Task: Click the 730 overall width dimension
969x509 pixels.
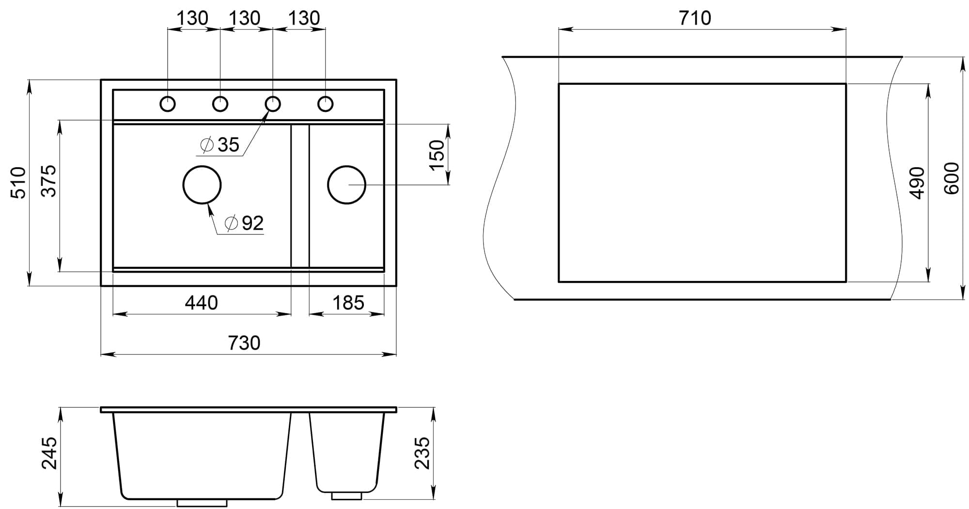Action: point(244,343)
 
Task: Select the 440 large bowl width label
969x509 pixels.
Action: point(202,303)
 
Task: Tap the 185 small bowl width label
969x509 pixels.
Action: point(348,303)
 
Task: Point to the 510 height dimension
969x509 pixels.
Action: point(19,183)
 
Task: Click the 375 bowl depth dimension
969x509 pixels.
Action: point(49,181)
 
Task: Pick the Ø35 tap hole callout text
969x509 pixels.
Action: point(220,145)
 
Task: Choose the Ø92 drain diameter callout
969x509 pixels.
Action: point(245,223)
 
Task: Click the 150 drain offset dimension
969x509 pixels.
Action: point(437,154)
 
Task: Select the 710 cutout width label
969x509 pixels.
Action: point(695,18)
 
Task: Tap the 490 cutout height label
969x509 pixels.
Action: point(917,183)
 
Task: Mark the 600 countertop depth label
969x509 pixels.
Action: point(952,178)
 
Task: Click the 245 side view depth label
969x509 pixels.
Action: point(49,453)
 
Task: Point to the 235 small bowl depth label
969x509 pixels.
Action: point(422,453)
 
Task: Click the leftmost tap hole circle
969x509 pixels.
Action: point(168,104)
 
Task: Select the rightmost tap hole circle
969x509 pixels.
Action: point(325,104)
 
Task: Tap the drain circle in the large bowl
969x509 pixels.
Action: point(202,185)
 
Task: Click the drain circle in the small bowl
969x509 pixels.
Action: point(346,185)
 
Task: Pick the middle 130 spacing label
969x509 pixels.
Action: point(245,18)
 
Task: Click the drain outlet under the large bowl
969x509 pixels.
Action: point(202,503)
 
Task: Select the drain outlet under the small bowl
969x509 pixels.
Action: point(346,495)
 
